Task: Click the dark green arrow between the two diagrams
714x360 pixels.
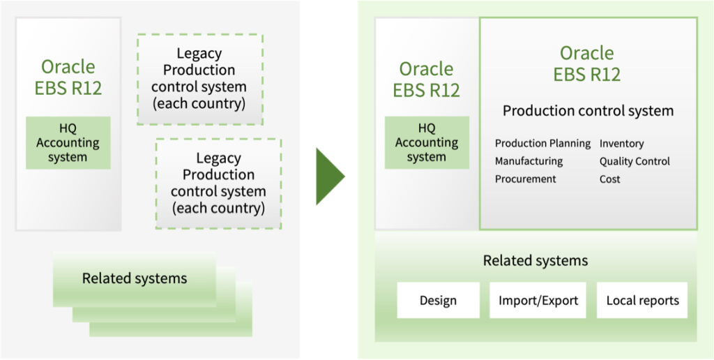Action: click(329, 177)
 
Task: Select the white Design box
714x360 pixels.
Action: click(438, 300)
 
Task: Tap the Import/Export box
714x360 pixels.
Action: click(538, 300)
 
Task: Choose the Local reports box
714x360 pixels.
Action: click(642, 300)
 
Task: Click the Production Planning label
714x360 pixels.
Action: click(542, 144)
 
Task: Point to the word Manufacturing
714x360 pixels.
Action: click(529, 161)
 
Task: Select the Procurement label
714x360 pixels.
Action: click(526, 179)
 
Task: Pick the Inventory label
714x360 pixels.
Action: click(621, 144)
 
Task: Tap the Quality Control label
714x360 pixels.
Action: click(635, 161)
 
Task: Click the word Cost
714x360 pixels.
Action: click(609, 179)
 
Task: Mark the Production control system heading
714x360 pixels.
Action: click(588, 111)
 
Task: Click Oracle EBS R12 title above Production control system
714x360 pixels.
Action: click(587, 63)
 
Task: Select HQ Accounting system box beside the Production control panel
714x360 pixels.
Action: click(427, 142)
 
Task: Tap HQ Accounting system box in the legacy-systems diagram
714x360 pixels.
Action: click(68, 142)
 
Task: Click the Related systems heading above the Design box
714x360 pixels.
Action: click(535, 261)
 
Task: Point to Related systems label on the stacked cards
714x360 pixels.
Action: click(135, 278)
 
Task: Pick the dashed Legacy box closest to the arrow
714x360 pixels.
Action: click(218, 183)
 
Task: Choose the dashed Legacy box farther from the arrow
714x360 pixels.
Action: click(200, 80)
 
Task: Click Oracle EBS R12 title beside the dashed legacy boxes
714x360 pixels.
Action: click(68, 77)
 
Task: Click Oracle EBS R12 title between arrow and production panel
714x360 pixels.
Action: click(426, 80)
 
